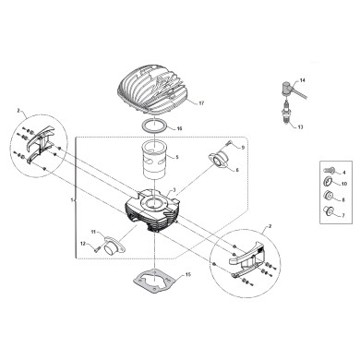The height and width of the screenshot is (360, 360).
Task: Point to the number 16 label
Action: click(180, 128)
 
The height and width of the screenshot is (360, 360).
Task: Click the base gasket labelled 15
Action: click(152, 280)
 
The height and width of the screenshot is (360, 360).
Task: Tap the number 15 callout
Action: click(188, 274)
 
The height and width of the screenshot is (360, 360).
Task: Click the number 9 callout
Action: click(243, 147)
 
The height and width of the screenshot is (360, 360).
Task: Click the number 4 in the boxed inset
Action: click(344, 173)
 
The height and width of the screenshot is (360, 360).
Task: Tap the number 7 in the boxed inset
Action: click(344, 214)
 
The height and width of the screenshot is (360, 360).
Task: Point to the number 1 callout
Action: click(71, 198)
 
